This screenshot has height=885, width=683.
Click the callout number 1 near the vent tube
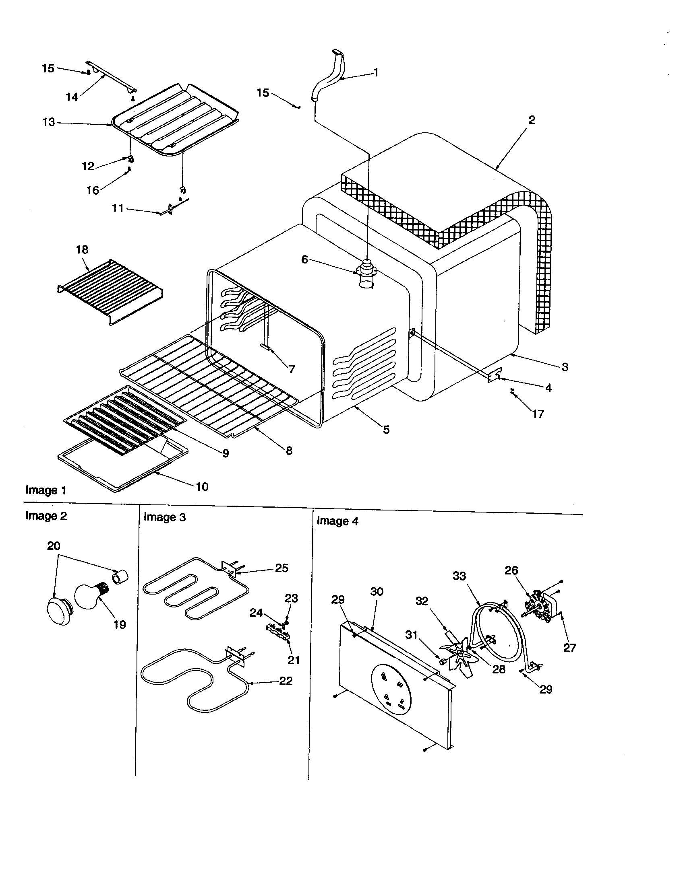[x=376, y=72]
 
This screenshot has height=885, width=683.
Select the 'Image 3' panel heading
[x=165, y=517]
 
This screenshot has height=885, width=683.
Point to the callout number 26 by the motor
[x=511, y=570]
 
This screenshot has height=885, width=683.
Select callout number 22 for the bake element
[x=286, y=681]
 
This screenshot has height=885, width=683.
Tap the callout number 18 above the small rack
[x=82, y=250]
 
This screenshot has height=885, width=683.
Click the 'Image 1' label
[x=46, y=490]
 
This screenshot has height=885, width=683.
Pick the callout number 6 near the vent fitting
[x=305, y=259]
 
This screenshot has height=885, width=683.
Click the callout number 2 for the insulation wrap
[x=531, y=120]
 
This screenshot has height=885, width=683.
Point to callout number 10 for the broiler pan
[x=202, y=487]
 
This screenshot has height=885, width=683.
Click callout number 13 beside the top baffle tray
[x=49, y=122]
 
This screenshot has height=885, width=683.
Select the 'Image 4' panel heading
[x=337, y=521]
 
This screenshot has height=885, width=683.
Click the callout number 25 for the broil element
[x=281, y=568]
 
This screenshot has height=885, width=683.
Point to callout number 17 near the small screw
[x=538, y=414]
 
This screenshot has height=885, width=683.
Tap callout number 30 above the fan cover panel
[x=377, y=592]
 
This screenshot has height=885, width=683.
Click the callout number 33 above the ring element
[x=459, y=576]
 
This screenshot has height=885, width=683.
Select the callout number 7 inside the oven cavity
[x=292, y=369]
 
